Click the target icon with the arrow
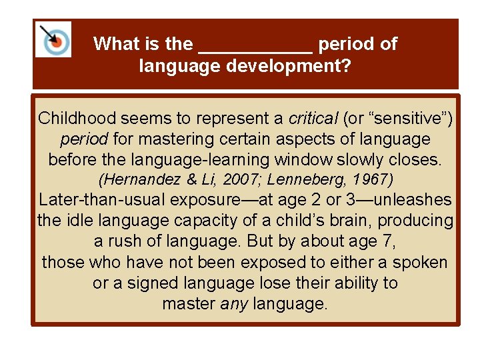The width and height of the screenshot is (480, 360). click(x=53, y=39)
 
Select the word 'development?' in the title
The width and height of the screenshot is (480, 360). click(x=297, y=67)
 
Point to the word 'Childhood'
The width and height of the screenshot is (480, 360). click(x=77, y=119)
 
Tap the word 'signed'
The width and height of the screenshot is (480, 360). click(x=151, y=283)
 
